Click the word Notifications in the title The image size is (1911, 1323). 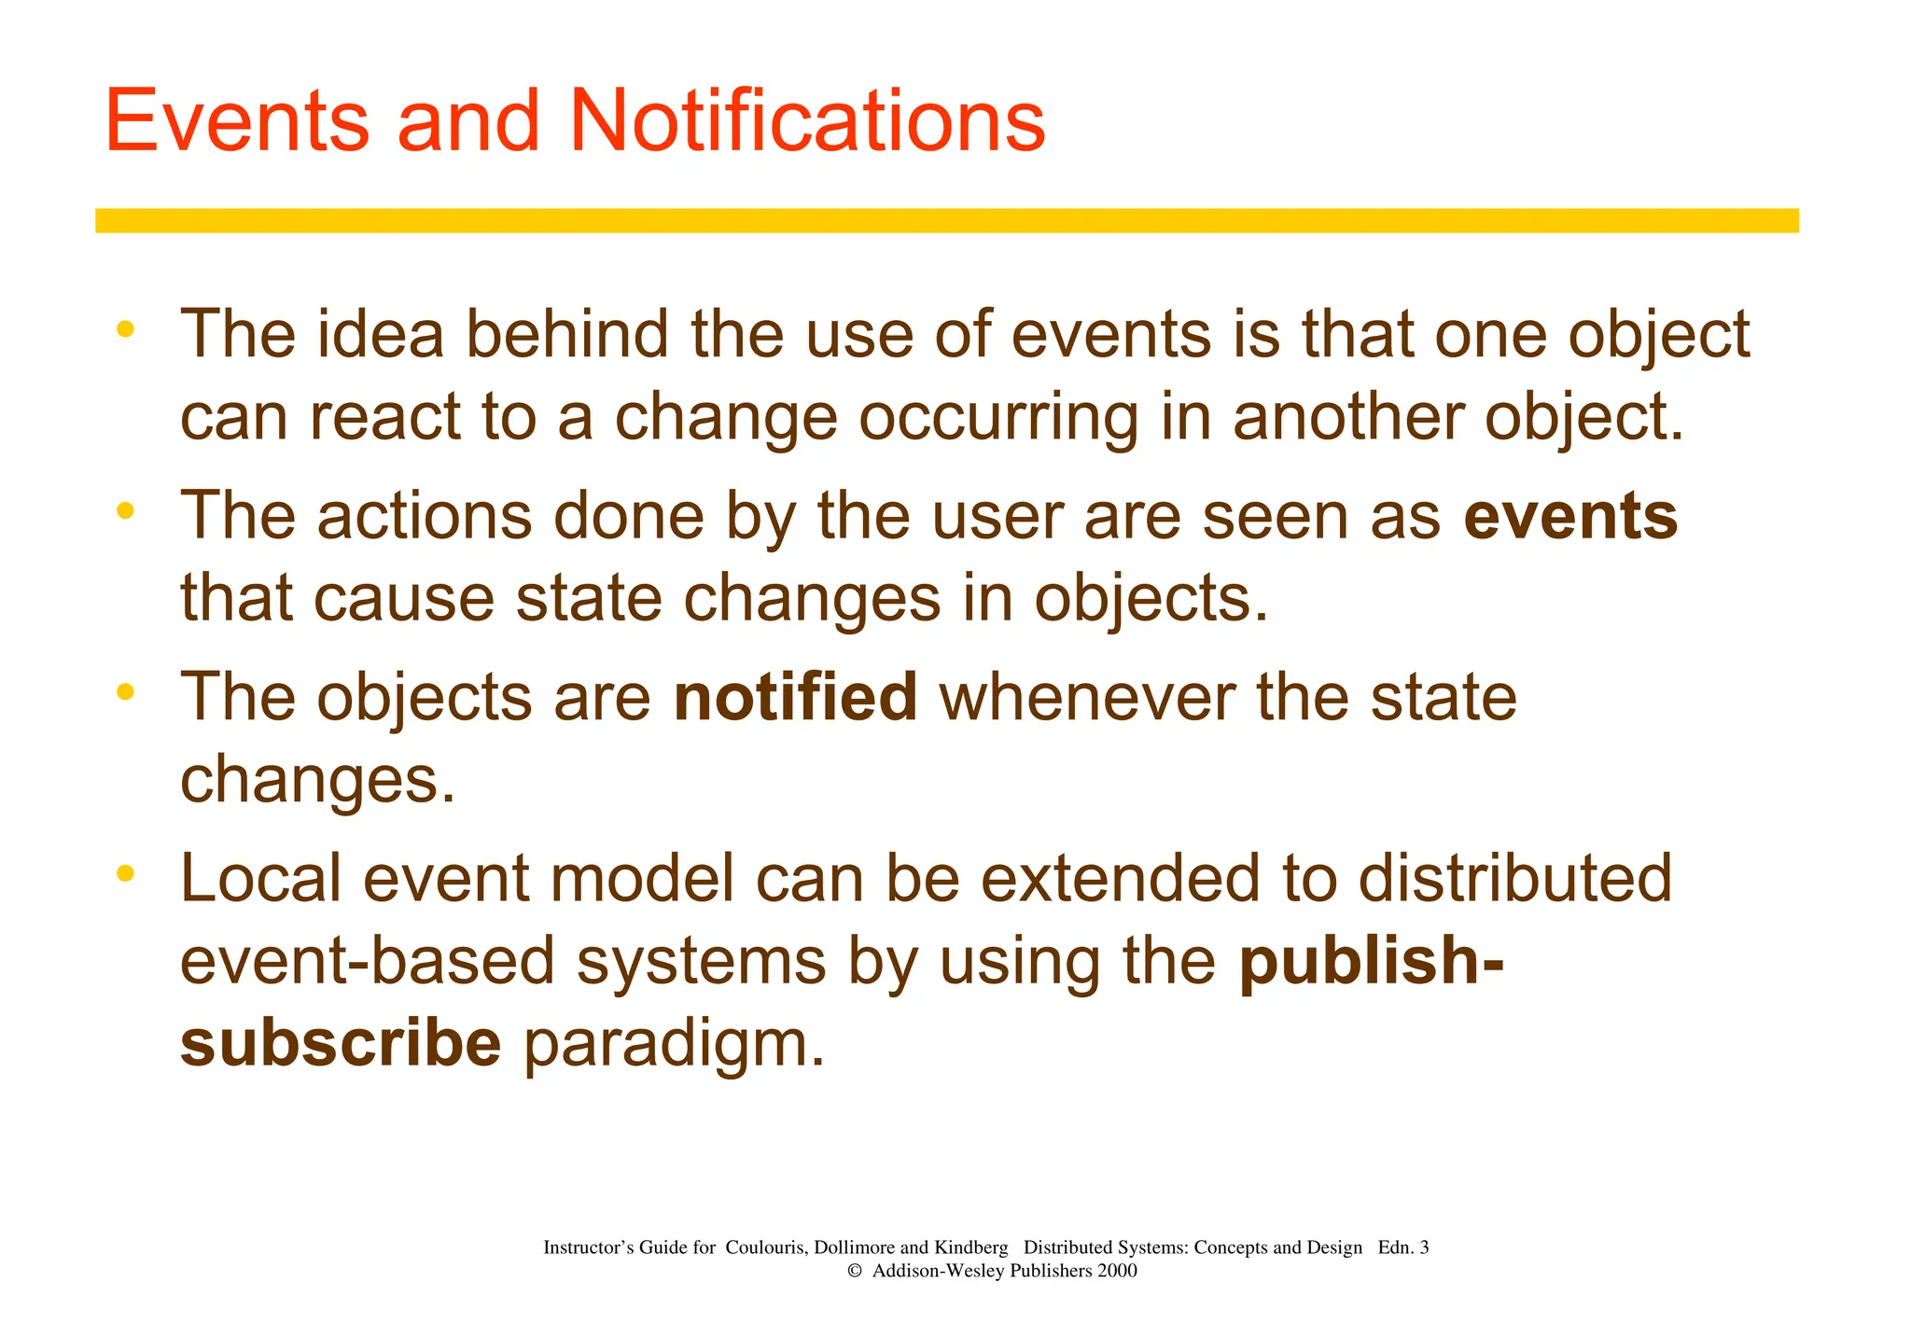807,121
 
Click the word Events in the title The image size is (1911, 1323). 237,121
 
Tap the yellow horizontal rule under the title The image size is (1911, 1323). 946,220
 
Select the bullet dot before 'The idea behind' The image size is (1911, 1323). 126,328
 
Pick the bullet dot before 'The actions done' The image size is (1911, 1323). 126,510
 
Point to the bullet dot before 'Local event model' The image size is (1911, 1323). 126,873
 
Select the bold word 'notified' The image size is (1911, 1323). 795,697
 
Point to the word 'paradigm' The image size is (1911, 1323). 674,1045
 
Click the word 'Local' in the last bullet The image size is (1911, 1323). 260,879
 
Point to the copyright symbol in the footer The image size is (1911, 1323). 854,1271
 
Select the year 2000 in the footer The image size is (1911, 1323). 1117,1271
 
